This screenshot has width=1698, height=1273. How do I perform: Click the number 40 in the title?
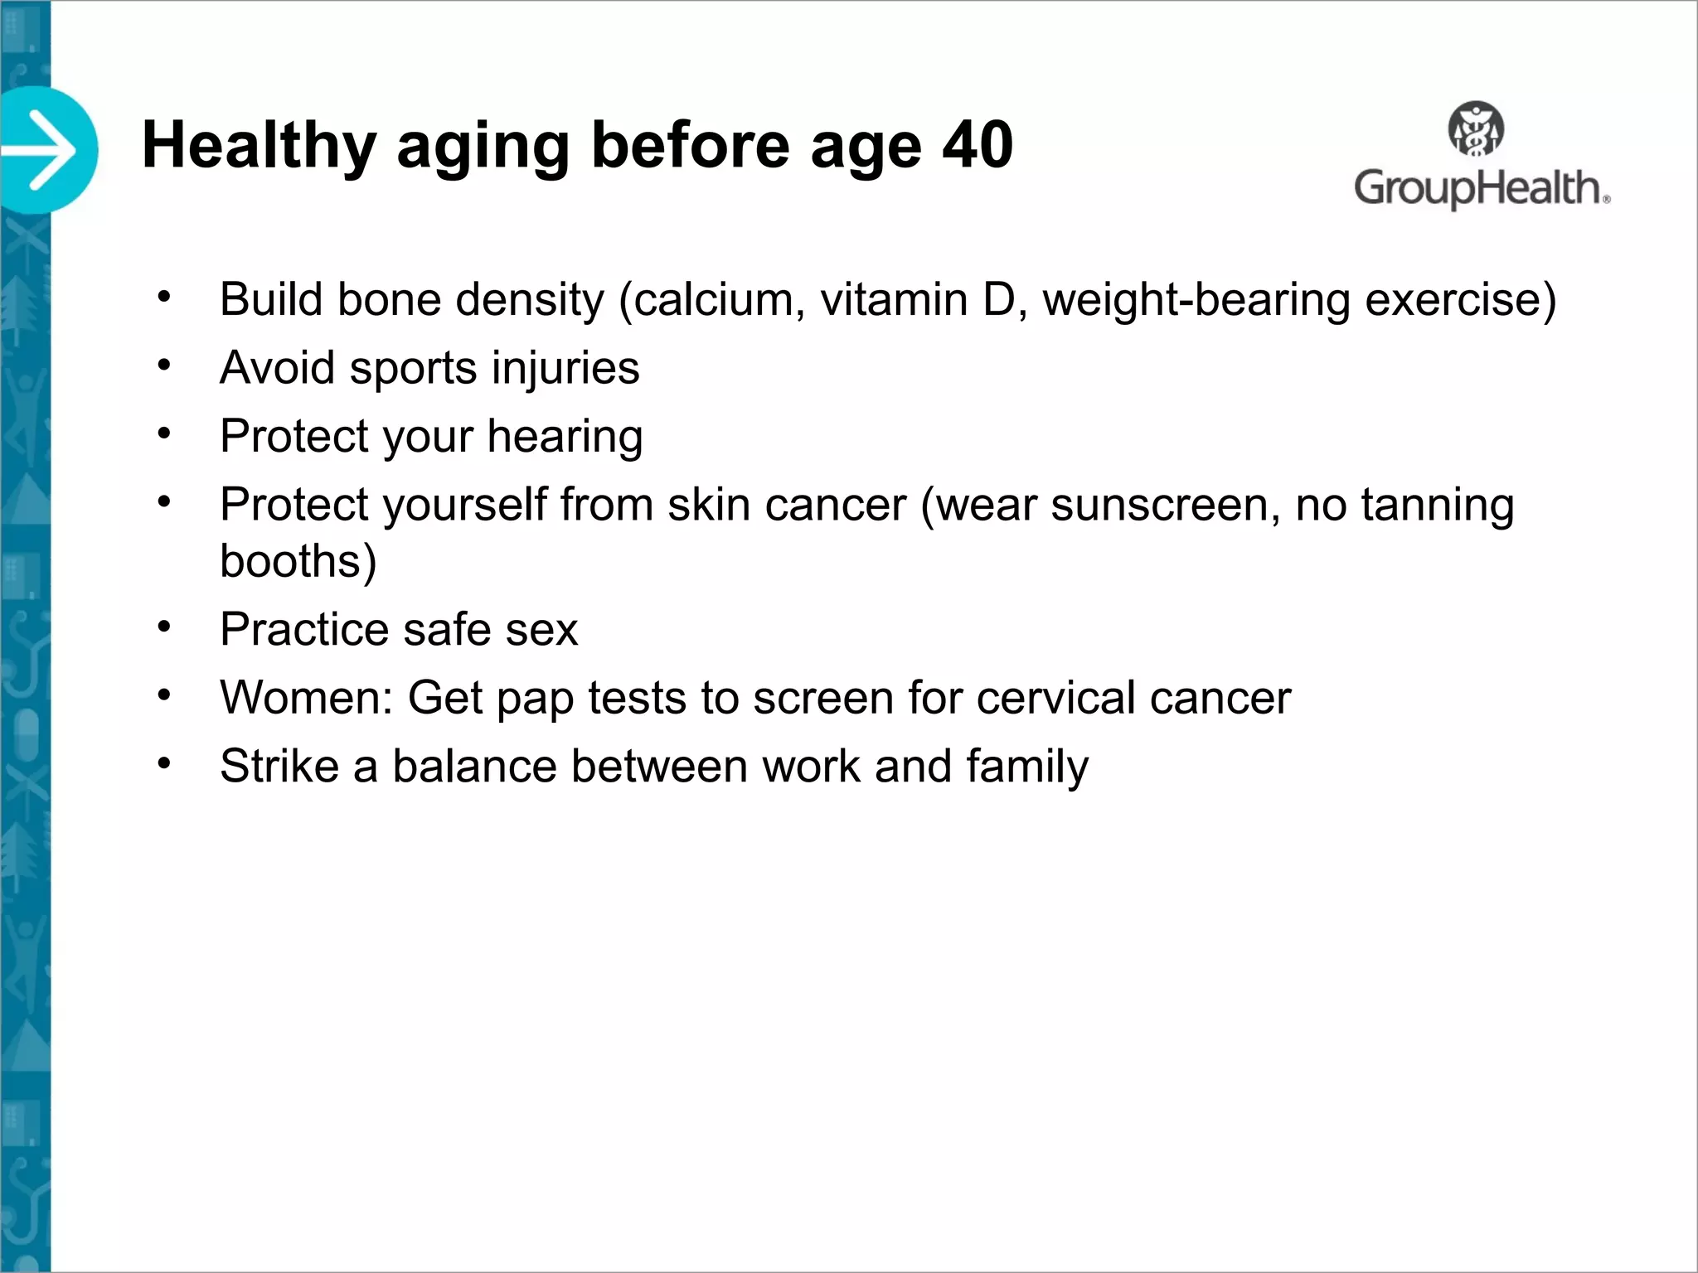click(x=978, y=146)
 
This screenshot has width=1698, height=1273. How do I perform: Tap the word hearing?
click(x=565, y=437)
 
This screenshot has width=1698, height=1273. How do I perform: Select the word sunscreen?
click(x=1166, y=505)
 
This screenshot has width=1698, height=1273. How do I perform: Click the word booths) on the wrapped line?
click(x=298, y=561)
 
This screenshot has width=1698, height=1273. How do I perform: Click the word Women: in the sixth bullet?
click(x=306, y=698)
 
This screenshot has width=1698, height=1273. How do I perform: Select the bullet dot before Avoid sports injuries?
click(x=164, y=365)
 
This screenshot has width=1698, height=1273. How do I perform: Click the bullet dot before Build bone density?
click(x=164, y=296)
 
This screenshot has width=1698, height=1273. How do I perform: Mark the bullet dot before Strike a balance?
click(x=164, y=762)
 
